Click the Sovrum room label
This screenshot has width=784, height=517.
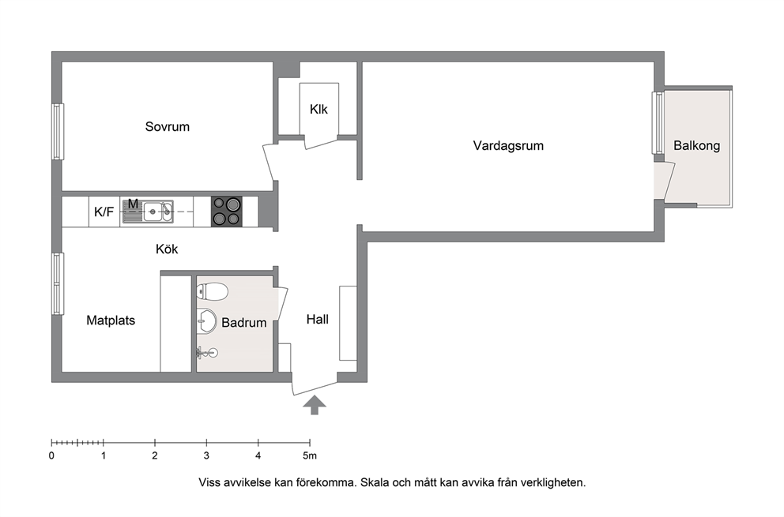(167, 127)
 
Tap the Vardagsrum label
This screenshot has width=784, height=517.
(508, 146)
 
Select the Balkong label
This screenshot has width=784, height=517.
(696, 146)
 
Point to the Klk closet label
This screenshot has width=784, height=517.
(318, 109)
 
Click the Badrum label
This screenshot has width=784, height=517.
(244, 323)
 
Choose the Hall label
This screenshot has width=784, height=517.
(318, 319)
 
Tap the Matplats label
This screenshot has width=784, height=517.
(111, 320)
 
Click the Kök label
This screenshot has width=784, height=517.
(167, 249)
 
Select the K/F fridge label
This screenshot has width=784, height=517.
(104, 212)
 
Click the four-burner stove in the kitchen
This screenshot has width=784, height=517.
(227, 212)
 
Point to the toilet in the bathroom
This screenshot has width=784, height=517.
(212, 292)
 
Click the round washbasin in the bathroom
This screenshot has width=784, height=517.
(206, 320)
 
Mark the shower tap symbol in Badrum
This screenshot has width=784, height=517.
(208, 353)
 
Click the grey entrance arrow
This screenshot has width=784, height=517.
(314, 405)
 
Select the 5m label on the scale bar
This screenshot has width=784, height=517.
(310, 455)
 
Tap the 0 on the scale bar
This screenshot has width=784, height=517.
(51, 455)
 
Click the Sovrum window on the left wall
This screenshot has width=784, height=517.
(58, 132)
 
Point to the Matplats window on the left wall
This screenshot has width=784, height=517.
(58, 283)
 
